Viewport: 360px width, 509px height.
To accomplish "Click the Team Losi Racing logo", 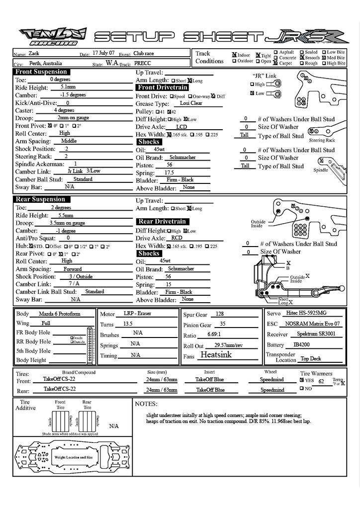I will [53, 36].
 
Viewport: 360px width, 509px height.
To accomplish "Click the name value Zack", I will [34, 53].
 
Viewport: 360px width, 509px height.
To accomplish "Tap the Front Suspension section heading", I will [41, 72].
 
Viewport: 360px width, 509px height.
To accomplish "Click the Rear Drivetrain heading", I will [162, 221].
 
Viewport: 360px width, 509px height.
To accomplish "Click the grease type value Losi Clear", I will [191, 103].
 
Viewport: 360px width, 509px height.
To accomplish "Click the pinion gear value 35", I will [222, 323].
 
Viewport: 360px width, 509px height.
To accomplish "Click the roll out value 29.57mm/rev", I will [228, 345].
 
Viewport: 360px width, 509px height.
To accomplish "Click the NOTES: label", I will [146, 404].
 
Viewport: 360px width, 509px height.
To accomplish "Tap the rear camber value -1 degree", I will [66, 231].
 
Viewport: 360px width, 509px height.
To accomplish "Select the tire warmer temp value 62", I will [321, 382].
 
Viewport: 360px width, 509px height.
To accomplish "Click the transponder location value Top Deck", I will [311, 358].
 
